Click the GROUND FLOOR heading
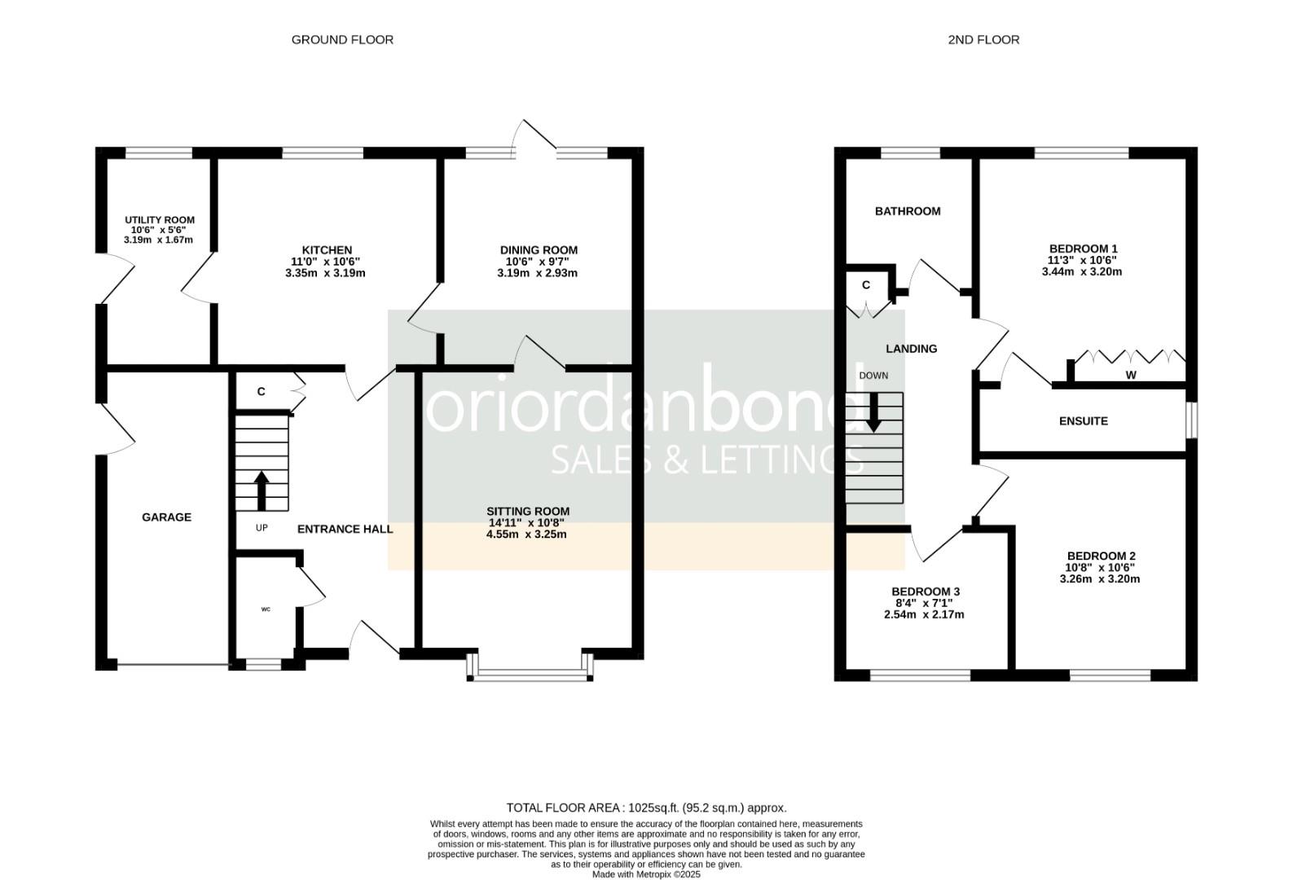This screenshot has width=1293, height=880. click(342, 39)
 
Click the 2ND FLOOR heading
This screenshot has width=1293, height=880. click(983, 39)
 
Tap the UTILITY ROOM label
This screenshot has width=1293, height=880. click(159, 220)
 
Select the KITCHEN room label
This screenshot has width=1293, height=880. click(327, 250)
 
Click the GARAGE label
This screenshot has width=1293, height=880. click(166, 517)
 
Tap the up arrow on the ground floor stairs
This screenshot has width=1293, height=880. click(262, 489)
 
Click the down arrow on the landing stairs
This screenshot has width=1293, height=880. click(873, 412)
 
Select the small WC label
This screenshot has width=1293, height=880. click(266, 609)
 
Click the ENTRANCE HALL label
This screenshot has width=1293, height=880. click(345, 529)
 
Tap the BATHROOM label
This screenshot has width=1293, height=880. click(908, 211)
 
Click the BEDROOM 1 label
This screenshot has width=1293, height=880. click(1083, 249)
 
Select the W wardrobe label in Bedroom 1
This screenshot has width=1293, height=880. click(1130, 375)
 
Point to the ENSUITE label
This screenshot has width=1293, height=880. click(1083, 421)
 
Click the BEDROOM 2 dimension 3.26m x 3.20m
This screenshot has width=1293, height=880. click(1099, 579)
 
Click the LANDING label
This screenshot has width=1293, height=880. click(911, 349)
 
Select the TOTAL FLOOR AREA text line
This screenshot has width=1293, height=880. click(646, 807)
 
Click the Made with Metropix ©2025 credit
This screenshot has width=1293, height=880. click(646, 874)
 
